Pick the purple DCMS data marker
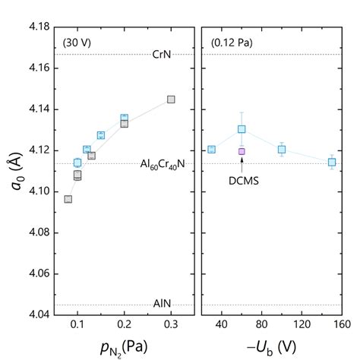point(242,151)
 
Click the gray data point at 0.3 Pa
point(171,99)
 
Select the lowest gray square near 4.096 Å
point(68,199)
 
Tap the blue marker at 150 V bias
point(332,162)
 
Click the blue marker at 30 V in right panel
point(211,149)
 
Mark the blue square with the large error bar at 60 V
point(242,129)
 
